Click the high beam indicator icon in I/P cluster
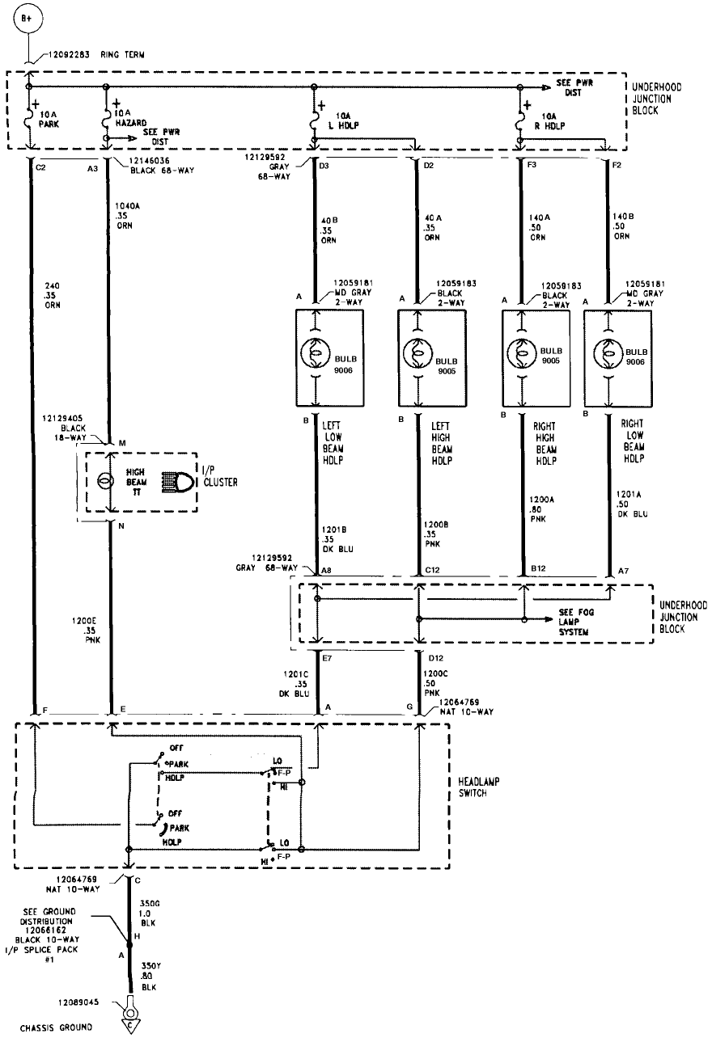click(178, 482)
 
